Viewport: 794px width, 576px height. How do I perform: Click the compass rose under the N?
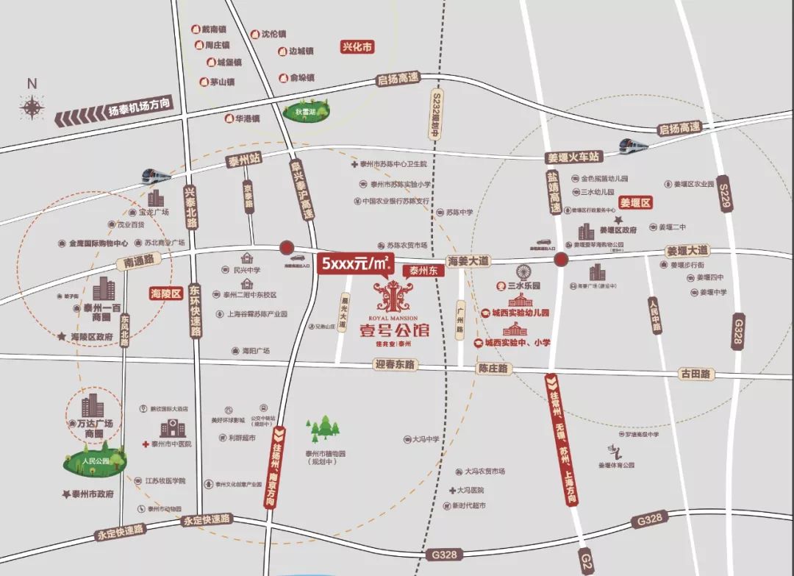pos(32,108)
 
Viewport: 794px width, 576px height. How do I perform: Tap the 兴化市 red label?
pos(357,46)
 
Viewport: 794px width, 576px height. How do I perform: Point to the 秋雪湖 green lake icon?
pos(301,114)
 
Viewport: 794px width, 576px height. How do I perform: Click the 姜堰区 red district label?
pos(635,202)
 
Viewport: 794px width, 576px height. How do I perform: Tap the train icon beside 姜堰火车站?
pos(634,145)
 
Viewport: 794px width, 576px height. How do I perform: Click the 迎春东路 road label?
pos(395,364)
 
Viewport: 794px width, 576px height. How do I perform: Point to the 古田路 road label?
pos(695,374)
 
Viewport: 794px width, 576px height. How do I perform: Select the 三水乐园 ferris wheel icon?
pos(523,271)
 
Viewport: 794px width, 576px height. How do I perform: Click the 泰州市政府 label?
pos(88,495)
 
